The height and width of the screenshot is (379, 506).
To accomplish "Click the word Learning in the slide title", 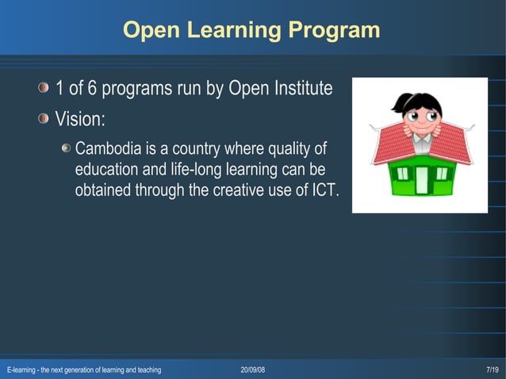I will tap(232, 31).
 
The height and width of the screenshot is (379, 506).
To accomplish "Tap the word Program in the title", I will tap(334, 31).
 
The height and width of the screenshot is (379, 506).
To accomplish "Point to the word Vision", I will tap(79, 119).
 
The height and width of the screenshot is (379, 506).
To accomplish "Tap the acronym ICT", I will tap(323, 190).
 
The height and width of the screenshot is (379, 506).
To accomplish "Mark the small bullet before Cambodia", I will tap(67, 149).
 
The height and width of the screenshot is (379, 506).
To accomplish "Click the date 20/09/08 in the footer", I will tap(253, 370).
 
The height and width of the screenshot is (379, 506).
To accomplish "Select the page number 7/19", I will tap(493, 370).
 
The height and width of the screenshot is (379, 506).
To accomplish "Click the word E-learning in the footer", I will tap(21, 370).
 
